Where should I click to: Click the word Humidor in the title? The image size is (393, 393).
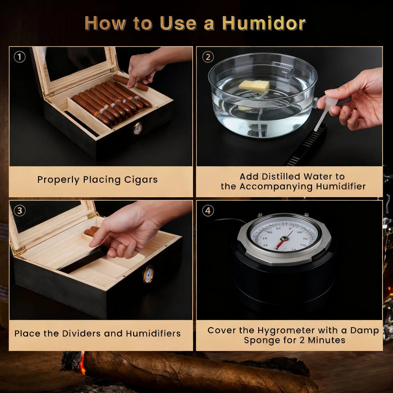click(x=264, y=23)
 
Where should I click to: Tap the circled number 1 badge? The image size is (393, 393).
click(x=20, y=57)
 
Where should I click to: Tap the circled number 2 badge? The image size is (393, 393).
click(x=208, y=57)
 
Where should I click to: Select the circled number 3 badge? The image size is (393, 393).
click(x=20, y=210)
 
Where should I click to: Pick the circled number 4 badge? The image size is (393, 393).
click(x=208, y=210)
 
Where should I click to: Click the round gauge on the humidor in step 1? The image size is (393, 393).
click(x=137, y=129)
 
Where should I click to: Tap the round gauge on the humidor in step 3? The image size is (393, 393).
click(x=149, y=275)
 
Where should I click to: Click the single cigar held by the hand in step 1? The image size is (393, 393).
click(x=131, y=83)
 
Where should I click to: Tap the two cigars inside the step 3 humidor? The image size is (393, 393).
click(x=91, y=231)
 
